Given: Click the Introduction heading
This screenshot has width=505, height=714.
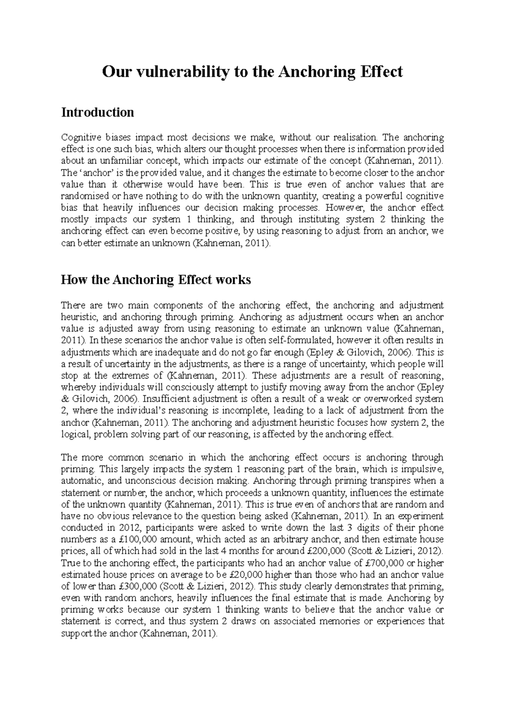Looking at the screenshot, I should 97,113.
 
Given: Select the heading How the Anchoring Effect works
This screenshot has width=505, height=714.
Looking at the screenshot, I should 156,280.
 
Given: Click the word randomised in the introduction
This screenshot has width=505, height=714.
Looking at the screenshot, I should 82,196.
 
